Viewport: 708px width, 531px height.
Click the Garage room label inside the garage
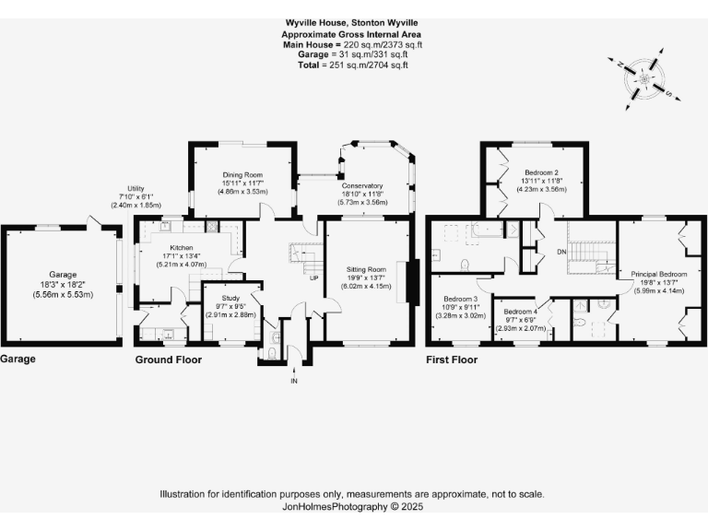(x=63, y=275)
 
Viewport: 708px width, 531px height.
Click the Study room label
(x=228, y=298)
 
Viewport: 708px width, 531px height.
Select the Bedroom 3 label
(x=460, y=299)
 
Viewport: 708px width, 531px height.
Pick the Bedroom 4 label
(x=521, y=312)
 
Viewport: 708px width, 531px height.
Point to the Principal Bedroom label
(x=659, y=274)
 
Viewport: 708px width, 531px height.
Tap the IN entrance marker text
(x=294, y=382)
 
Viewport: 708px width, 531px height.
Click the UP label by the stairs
(x=313, y=277)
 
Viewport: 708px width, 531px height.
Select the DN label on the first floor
(x=562, y=251)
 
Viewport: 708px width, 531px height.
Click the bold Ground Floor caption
(x=169, y=360)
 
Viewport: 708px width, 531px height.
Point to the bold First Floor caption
(x=452, y=360)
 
